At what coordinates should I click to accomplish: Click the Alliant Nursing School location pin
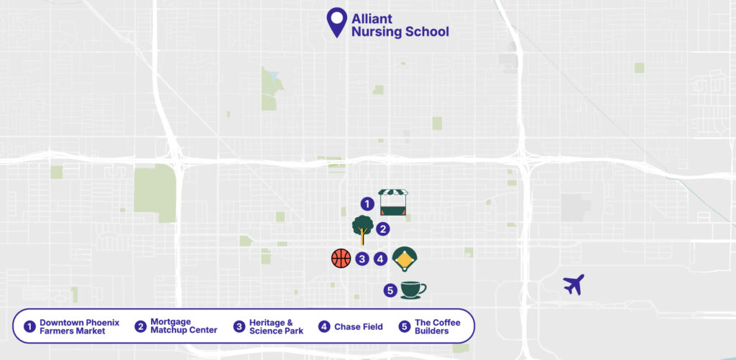click(x=336, y=22)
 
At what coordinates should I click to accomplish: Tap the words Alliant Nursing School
click(x=400, y=25)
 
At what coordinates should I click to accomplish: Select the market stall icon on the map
click(x=393, y=203)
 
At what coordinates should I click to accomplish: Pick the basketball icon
click(x=341, y=258)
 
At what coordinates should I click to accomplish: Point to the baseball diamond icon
click(x=405, y=258)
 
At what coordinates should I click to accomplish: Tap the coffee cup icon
click(x=412, y=290)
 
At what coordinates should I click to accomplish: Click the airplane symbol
click(x=574, y=285)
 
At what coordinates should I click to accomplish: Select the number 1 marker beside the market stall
click(x=367, y=204)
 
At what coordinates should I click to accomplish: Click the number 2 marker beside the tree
click(x=384, y=229)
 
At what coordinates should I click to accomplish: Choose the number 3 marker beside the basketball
click(x=362, y=259)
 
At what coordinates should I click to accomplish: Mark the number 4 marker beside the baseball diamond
click(x=381, y=259)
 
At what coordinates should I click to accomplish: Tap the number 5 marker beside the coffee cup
click(x=390, y=290)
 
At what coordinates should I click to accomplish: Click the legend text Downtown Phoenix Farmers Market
click(x=79, y=327)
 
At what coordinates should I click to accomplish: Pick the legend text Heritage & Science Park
click(x=276, y=327)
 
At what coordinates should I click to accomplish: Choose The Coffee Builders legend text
click(x=437, y=327)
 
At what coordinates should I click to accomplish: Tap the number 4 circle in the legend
click(x=325, y=327)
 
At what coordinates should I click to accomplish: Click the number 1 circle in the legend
click(x=29, y=327)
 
